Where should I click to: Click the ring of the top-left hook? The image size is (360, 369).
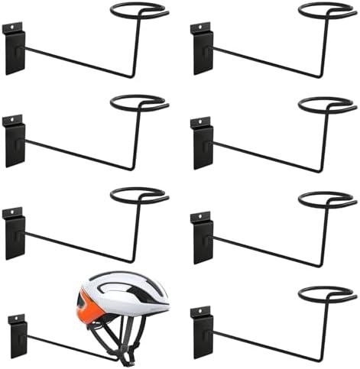(x=139, y=11)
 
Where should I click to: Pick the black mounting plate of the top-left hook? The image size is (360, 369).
(x=15, y=50)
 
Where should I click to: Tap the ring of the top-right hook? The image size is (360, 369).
(x=326, y=11)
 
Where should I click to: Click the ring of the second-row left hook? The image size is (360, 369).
(x=139, y=103)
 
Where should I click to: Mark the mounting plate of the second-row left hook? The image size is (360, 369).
(x=15, y=141)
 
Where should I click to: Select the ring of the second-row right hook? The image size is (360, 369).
(x=326, y=105)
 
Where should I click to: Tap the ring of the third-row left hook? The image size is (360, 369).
(x=139, y=195)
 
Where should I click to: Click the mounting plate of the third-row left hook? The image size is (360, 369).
(x=15, y=233)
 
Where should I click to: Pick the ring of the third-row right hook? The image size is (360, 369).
(x=326, y=199)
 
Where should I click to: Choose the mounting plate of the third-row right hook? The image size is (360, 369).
(x=203, y=237)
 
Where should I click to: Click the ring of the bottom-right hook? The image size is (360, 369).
(x=326, y=293)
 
